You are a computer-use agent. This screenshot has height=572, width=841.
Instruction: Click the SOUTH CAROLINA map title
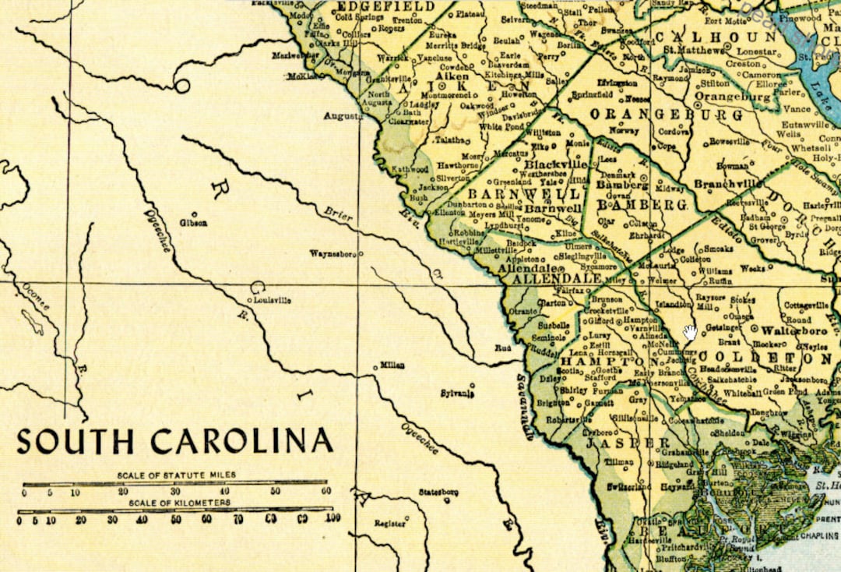coord(175,441)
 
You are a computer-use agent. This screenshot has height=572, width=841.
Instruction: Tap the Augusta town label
coord(343,116)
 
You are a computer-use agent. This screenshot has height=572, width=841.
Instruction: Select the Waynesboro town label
coord(333,254)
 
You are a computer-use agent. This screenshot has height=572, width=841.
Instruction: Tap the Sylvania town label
coord(457,394)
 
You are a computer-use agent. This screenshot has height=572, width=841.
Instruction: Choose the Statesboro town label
coord(438,493)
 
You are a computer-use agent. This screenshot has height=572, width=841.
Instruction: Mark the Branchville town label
coord(727,184)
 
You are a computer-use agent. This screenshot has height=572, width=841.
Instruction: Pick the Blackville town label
coord(555,165)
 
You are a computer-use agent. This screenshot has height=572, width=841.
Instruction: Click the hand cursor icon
coord(690,333)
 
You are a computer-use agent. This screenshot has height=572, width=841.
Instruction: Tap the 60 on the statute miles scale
coord(325,492)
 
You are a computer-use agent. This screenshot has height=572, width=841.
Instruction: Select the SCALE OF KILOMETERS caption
coord(175,503)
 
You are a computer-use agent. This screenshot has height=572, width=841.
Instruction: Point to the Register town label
coord(390,524)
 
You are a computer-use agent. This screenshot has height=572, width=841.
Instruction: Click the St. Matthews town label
coord(689,51)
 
